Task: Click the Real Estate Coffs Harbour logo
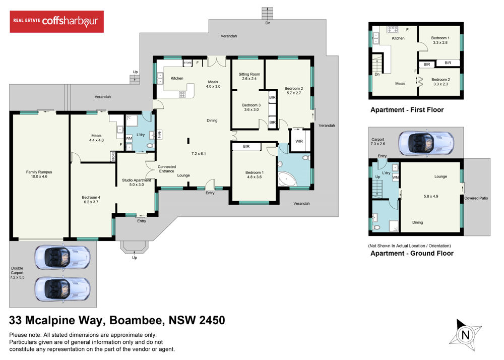click(56, 22)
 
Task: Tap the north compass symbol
click(465, 335)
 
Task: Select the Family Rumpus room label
click(39, 174)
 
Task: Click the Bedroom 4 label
click(91, 200)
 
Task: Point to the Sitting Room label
click(249, 76)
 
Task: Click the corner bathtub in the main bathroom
click(287, 179)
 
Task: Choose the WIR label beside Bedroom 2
click(299, 141)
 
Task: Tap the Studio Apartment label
click(136, 182)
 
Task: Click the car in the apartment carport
click(426, 143)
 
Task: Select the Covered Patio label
click(476, 198)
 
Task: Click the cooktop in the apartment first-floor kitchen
click(393, 30)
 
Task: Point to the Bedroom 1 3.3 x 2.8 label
click(440, 40)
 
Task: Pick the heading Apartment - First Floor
click(407, 110)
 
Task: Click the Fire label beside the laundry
click(159, 134)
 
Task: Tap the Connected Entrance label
click(166, 169)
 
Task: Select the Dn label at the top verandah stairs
click(268, 23)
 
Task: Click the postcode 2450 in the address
click(212, 320)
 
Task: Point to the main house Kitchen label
click(177, 78)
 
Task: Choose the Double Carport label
click(17, 273)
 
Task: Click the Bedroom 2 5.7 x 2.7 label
click(294, 90)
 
